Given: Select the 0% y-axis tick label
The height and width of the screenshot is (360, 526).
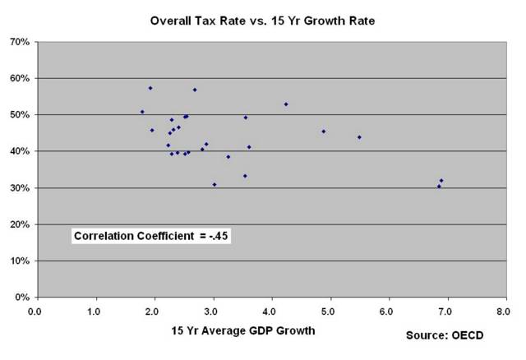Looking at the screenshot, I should [x=22, y=297].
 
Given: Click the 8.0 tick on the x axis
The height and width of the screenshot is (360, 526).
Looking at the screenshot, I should [x=503, y=312].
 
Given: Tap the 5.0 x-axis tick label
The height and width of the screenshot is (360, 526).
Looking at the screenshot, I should [x=328, y=312].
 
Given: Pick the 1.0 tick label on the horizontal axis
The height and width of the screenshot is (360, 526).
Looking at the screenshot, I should [x=94, y=312].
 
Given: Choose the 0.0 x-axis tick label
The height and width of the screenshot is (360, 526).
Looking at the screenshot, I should [x=35, y=312].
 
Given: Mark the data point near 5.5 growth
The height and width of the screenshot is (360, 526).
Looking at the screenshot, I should [x=359, y=137].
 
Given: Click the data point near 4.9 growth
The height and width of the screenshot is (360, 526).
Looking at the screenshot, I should [x=324, y=132].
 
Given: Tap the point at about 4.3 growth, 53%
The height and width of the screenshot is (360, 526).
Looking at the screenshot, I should [x=286, y=104].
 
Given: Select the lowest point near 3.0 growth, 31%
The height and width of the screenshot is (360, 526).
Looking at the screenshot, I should [x=215, y=185].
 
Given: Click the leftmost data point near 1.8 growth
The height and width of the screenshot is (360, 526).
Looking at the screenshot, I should [x=142, y=112].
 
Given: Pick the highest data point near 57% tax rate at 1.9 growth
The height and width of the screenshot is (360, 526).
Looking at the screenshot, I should [x=150, y=88].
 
